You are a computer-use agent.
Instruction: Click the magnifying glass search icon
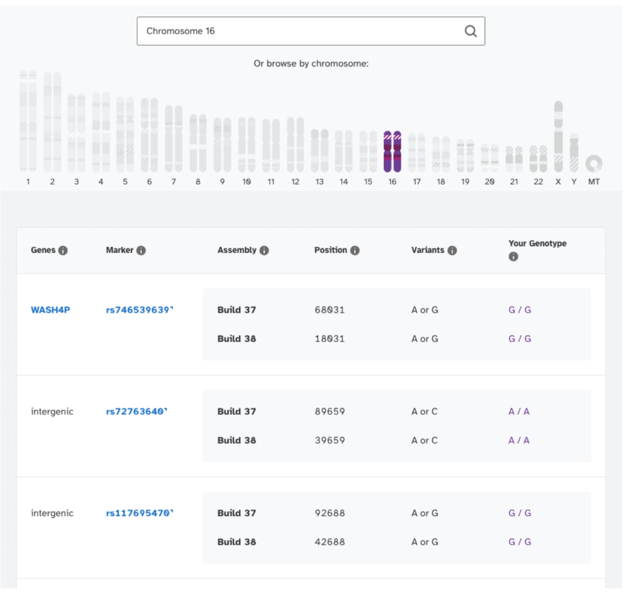[x=470, y=31]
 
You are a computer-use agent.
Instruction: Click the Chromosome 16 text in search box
[x=181, y=31]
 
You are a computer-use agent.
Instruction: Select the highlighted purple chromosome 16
[x=392, y=152]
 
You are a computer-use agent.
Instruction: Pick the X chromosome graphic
[x=558, y=137]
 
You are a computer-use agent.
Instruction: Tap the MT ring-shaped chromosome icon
[x=594, y=164]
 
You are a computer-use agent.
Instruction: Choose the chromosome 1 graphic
[x=28, y=121]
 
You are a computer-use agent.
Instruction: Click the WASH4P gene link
[x=51, y=310]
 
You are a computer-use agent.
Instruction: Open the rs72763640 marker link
[x=135, y=412]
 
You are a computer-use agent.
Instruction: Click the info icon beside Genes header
[x=63, y=251]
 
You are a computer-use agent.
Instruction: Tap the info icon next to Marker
[x=141, y=251]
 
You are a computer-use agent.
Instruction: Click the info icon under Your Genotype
[x=513, y=257]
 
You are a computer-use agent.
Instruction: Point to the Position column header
[x=330, y=250]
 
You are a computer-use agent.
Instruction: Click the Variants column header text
[x=427, y=250]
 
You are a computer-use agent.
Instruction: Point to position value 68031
[x=329, y=310]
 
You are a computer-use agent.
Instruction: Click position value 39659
[x=329, y=440]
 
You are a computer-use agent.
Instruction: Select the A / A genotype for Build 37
[x=519, y=412]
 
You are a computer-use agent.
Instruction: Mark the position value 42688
[x=329, y=542]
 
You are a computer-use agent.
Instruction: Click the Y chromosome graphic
[x=574, y=153]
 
